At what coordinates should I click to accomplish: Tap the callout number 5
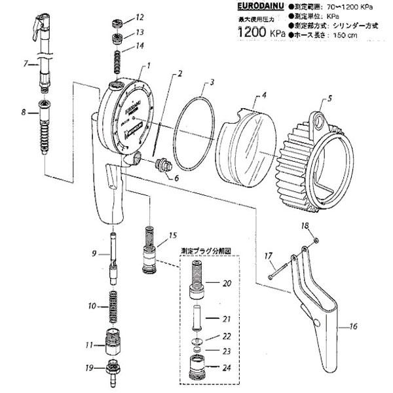pos(330,99)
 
